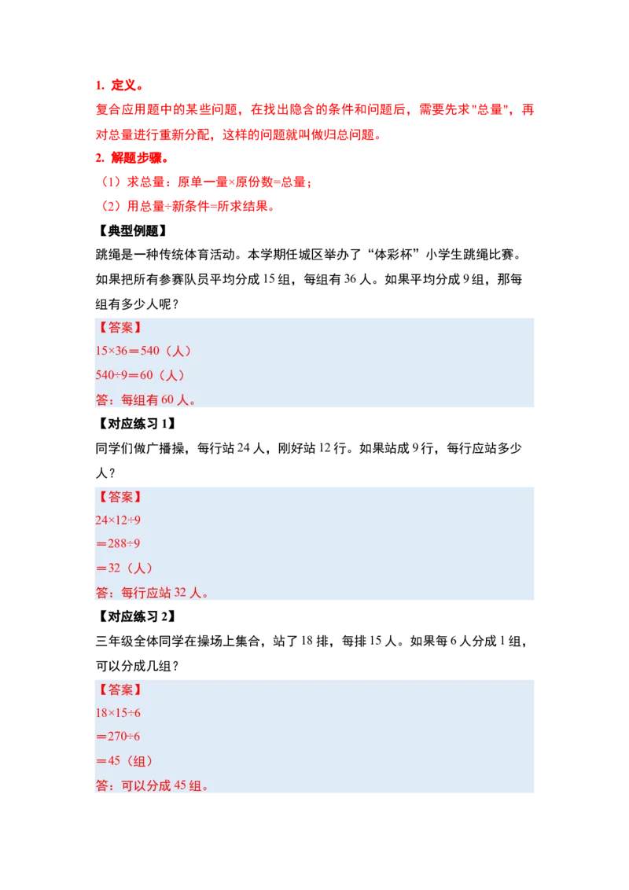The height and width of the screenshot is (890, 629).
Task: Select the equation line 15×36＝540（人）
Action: (144, 351)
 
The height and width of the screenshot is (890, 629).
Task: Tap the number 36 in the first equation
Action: (124, 351)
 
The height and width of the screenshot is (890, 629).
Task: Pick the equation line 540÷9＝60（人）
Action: (141, 375)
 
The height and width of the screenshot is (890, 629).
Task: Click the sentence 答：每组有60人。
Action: (145, 399)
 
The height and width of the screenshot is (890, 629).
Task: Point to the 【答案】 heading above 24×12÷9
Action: (120, 497)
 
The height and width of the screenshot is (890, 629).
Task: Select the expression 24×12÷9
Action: (118, 520)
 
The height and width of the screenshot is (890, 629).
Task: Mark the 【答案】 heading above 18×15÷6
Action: (120, 690)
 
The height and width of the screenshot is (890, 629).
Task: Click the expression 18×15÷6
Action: (118, 713)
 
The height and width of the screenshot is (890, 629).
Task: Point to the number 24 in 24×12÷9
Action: (101, 520)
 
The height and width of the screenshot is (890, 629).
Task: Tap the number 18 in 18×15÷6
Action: (101, 713)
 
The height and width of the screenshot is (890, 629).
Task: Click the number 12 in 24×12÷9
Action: (120, 520)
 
